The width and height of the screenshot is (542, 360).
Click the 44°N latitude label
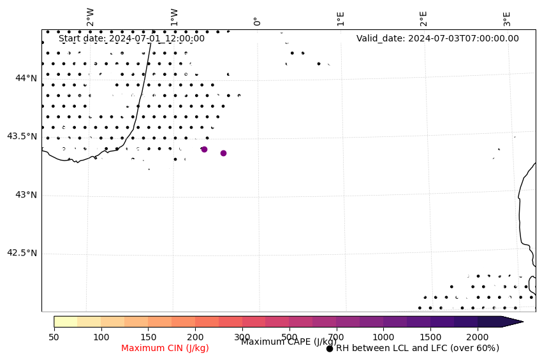pyautogui.click(x=26, y=78)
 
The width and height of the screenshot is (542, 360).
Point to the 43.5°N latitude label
pyautogui.click(x=22, y=136)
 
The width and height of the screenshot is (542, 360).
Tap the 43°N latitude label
pyautogui.click(x=26, y=195)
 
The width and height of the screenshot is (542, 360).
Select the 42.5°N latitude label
pyautogui.click(x=22, y=253)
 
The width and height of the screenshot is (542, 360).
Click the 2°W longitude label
pyautogui.click(x=91, y=17)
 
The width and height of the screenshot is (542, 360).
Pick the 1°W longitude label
pyautogui.click(x=174, y=17)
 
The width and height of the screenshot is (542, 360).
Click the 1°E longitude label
pyautogui.click(x=341, y=18)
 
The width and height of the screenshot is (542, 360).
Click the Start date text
pyautogui.click(x=131, y=38)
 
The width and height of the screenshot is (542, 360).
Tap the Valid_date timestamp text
pyautogui.click(x=437, y=38)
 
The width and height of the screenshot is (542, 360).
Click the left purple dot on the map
pyautogui.click(x=204, y=149)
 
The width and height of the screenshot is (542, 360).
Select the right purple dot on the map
pyautogui.click(x=223, y=153)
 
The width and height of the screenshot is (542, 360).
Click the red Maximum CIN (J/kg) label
pyautogui.click(x=165, y=349)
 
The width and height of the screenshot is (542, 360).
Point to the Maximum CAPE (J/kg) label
pyautogui.click(x=289, y=342)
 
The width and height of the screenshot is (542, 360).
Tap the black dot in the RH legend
pyautogui.click(x=330, y=349)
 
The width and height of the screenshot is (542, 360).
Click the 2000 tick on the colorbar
pyautogui.click(x=478, y=336)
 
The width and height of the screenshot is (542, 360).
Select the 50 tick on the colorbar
pyautogui.click(x=54, y=336)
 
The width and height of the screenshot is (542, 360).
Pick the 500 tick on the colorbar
pyautogui.click(x=289, y=336)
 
